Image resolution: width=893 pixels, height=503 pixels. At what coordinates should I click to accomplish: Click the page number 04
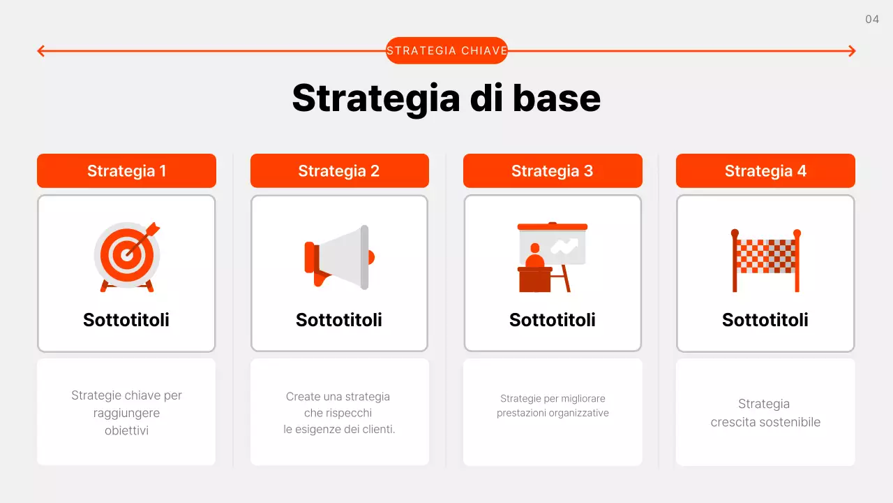click(872, 20)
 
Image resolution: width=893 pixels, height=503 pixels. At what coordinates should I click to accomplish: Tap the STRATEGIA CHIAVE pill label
click(446, 50)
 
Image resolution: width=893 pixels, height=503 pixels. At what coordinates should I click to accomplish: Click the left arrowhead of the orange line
click(40, 50)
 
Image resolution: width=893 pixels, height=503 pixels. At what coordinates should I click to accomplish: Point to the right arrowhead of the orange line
click(852, 50)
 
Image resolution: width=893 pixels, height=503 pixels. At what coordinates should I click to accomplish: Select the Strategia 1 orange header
click(126, 171)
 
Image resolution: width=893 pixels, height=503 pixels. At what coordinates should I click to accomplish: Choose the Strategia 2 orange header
click(339, 171)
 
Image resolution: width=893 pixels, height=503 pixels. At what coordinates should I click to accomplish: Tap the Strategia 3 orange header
click(552, 171)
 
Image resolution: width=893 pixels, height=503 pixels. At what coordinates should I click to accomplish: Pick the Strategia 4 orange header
click(765, 171)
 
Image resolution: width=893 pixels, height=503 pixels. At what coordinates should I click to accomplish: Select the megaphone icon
click(339, 257)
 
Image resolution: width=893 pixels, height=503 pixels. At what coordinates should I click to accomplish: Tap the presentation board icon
click(552, 257)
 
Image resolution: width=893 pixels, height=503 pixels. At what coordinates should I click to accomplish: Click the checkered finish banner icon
click(765, 259)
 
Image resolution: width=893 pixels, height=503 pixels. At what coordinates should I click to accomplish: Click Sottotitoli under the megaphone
click(339, 320)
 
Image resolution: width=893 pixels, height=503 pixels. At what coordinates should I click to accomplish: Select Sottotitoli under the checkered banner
click(765, 320)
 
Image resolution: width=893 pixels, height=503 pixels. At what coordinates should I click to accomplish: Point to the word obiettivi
click(126, 430)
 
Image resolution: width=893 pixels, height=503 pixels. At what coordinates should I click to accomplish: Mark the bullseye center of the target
click(126, 255)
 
